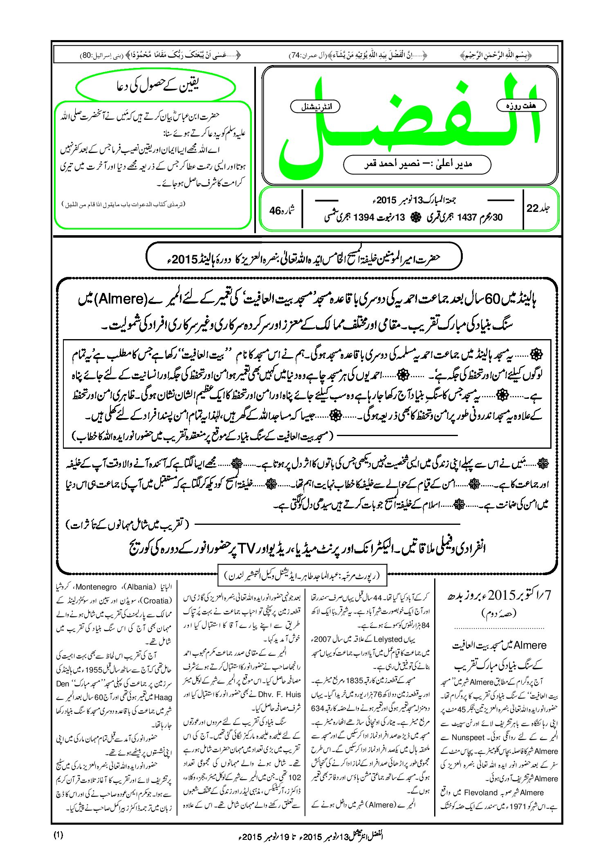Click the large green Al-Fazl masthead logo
click(x=409, y=123)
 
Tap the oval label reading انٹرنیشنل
click(x=315, y=107)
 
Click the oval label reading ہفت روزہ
click(x=521, y=106)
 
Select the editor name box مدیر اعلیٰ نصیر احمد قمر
click(x=417, y=164)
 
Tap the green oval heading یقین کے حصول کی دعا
click(x=156, y=87)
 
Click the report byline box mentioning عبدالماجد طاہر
click(x=302, y=576)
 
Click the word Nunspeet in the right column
click(x=468, y=738)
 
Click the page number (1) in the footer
click(x=58, y=835)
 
